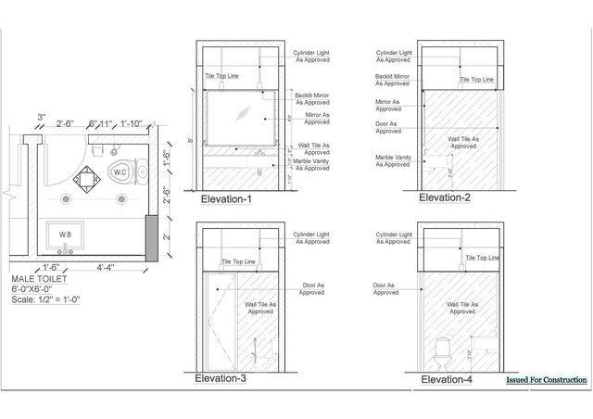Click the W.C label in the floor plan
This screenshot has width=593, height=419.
pos(119,171)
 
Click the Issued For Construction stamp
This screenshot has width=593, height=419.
pos(547,380)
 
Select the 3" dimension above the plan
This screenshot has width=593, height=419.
pos(42,117)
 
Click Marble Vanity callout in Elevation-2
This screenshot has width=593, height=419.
pos(392,160)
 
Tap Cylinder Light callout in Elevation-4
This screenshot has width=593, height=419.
pos(394,239)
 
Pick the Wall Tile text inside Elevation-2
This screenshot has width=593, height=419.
pos(463,142)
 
